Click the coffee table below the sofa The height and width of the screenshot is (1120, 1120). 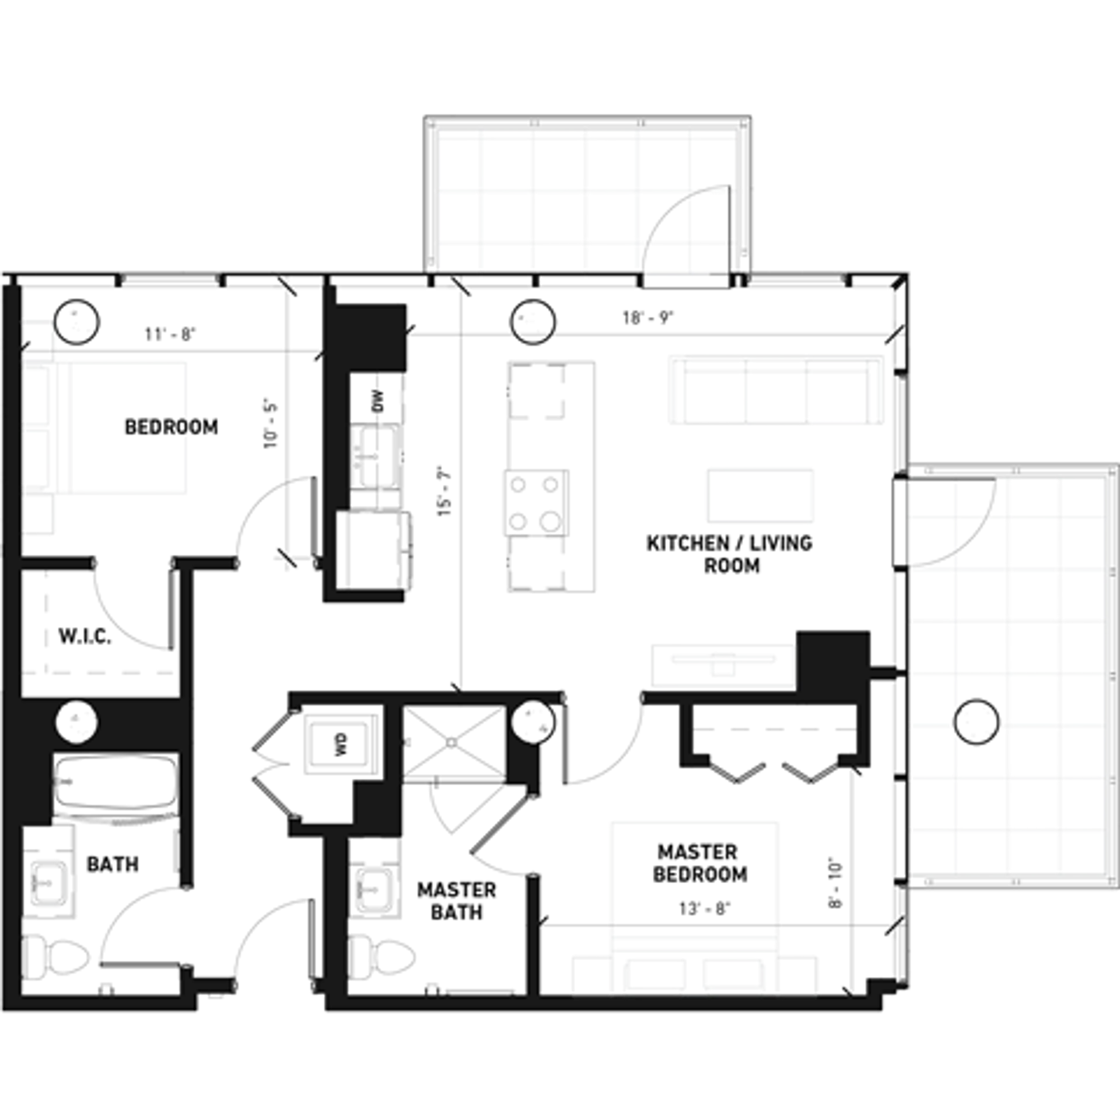[760, 495]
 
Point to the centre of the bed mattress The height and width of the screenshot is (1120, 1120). [694, 875]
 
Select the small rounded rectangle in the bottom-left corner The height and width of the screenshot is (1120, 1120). [48, 882]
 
